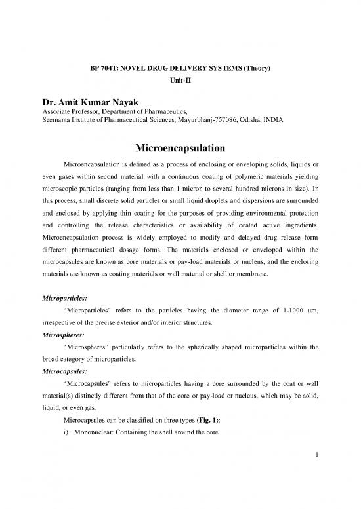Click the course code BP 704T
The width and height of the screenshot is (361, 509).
(x=103, y=67)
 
